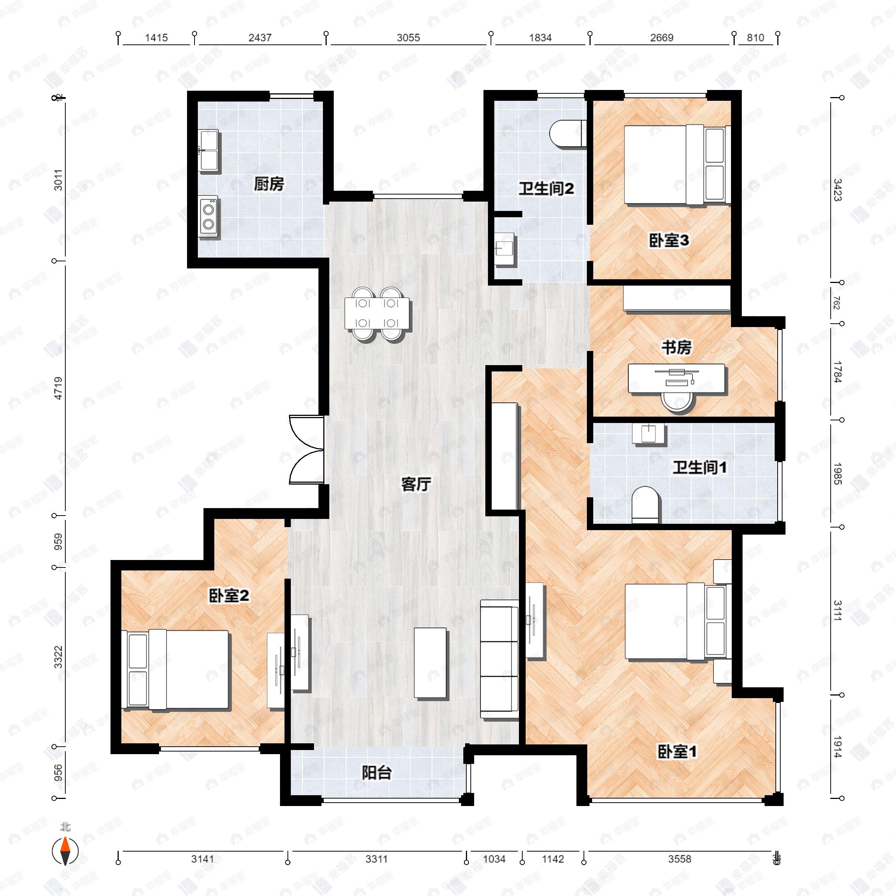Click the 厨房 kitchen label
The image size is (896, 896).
[x=268, y=184]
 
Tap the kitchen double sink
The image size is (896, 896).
[x=209, y=151]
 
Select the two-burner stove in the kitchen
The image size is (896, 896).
[x=209, y=218]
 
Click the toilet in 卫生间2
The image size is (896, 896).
[x=566, y=134]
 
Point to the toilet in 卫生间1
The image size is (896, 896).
[x=645, y=505]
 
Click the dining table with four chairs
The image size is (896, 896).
[x=377, y=314]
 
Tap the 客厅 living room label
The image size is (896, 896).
[x=416, y=484]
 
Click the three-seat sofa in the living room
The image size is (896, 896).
[x=499, y=659]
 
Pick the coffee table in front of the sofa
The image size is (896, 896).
[x=430, y=663]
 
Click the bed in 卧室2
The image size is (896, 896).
[x=176, y=669]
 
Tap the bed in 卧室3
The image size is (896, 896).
[x=675, y=165]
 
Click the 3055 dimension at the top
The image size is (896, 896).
[x=408, y=38]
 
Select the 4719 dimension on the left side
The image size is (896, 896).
[x=58, y=388]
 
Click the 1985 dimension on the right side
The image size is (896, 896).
[x=837, y=473]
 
